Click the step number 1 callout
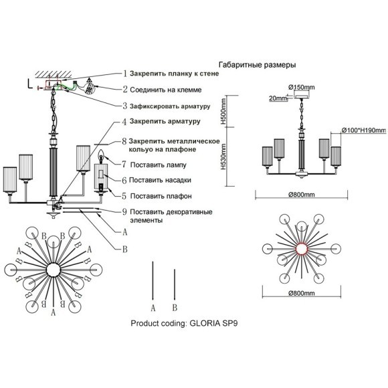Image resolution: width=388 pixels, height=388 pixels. pyautogui.click(x=125, y=74)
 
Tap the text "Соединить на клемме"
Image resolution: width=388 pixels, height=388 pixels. pyautogui.click(x=166, y=90)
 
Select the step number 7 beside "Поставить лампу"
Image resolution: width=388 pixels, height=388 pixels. pyautogui.click(x=124, y=165)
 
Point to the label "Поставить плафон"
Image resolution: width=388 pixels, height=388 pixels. pyautogui.click(x=161, y=196)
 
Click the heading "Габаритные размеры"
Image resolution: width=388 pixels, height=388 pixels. pyautogui.click(x=258, y=65)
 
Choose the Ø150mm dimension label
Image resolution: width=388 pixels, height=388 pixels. pyautogui.click(x=302, y=87)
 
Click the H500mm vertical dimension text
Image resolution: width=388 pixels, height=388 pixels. pyautogui.click(x=223, y=112)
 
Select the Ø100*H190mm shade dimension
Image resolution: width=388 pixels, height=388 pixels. pyautogui.click(x=364, y=130)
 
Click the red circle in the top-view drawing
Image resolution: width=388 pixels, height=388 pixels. pyautogui.click(x=302, y=248)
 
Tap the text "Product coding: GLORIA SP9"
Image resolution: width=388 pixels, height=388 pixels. pyautogui.click(x=184, y=323)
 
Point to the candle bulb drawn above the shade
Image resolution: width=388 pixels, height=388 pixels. pyautogui.click(x=101, y=156)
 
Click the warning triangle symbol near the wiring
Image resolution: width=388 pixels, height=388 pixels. pyautogui.click(x=90, y=80)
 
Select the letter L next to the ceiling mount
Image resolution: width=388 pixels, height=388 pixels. pyautogui.click(x=29, y=84)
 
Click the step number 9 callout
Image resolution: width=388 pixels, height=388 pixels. pyautogui.click(x=124, y=212)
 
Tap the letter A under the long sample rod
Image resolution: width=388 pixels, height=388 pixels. pyautogui.click(x=153, y=308)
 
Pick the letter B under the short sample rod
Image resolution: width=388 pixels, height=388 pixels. pyautogui.click(x=175, y=308)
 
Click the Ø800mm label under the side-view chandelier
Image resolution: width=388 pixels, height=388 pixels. pyautogui.click(x=302, y=195)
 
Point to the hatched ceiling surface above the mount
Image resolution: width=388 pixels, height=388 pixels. pyautogui.click(x=54, y=74)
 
